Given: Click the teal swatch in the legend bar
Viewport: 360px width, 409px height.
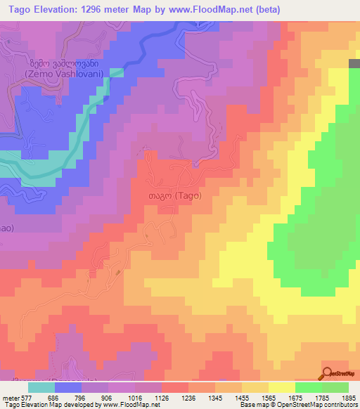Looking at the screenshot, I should pos(41,387).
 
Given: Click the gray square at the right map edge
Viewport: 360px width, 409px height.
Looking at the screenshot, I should pos(354,63).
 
